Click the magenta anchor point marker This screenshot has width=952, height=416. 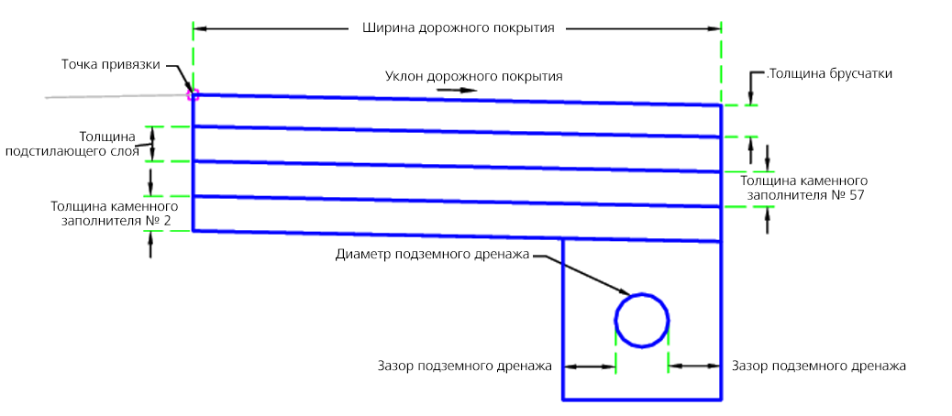pos(193,93)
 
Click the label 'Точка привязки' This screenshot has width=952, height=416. pos(111,65)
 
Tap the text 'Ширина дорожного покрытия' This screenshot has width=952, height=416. pos(454,27)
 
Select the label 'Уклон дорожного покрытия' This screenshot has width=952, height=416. pos(473,76)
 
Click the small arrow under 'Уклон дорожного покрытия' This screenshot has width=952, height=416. pos(463,90)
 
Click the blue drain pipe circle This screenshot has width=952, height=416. pos(642,321)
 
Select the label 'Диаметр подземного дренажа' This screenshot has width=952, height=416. pos(434,254)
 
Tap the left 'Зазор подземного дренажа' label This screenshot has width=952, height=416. pos(464,366)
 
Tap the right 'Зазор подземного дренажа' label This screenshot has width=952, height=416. pos(819,366)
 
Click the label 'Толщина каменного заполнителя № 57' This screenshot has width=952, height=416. pos(803,188)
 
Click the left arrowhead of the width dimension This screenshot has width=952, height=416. pos(199,28)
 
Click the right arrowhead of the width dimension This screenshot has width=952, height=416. pos(715,28)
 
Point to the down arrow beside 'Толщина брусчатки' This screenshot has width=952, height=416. pos(751,92)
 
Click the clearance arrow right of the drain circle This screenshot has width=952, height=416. pos(695,366)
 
